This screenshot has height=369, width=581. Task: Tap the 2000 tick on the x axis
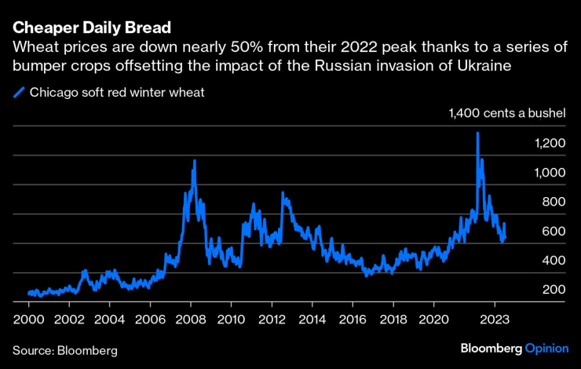pos(28,320)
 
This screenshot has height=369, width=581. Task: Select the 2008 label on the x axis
pos(191,320)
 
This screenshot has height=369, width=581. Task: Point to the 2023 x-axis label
pos(495,320)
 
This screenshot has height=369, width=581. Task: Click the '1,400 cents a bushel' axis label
pos(507,114)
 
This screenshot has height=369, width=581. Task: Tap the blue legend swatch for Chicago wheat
pos(20,93)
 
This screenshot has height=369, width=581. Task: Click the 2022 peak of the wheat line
pos(477,133)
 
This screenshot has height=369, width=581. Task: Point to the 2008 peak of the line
pos(194,161)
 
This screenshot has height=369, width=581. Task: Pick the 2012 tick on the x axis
pos(272,320)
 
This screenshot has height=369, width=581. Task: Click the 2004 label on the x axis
pos(110,320)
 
